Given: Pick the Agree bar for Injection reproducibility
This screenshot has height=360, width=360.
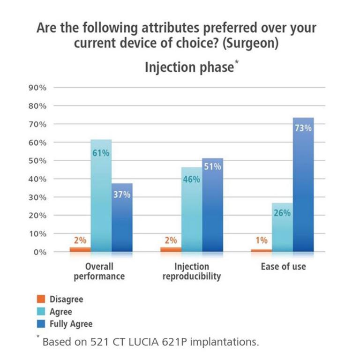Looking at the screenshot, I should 192,211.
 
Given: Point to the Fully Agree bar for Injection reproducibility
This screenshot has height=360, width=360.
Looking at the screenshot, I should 212,206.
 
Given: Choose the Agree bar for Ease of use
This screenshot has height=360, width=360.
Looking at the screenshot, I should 282,230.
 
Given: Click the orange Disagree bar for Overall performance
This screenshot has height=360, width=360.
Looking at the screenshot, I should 80,249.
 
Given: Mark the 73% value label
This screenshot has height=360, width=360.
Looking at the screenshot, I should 303,127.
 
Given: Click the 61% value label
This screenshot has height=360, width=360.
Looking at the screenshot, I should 101,153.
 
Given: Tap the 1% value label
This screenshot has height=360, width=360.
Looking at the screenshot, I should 261,240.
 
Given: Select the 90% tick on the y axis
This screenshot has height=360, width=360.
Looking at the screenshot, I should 39,88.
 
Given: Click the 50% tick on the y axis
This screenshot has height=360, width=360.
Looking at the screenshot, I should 39,161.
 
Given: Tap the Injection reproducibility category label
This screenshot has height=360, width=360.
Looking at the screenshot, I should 191,271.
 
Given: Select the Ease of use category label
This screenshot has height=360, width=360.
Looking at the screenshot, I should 283,267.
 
